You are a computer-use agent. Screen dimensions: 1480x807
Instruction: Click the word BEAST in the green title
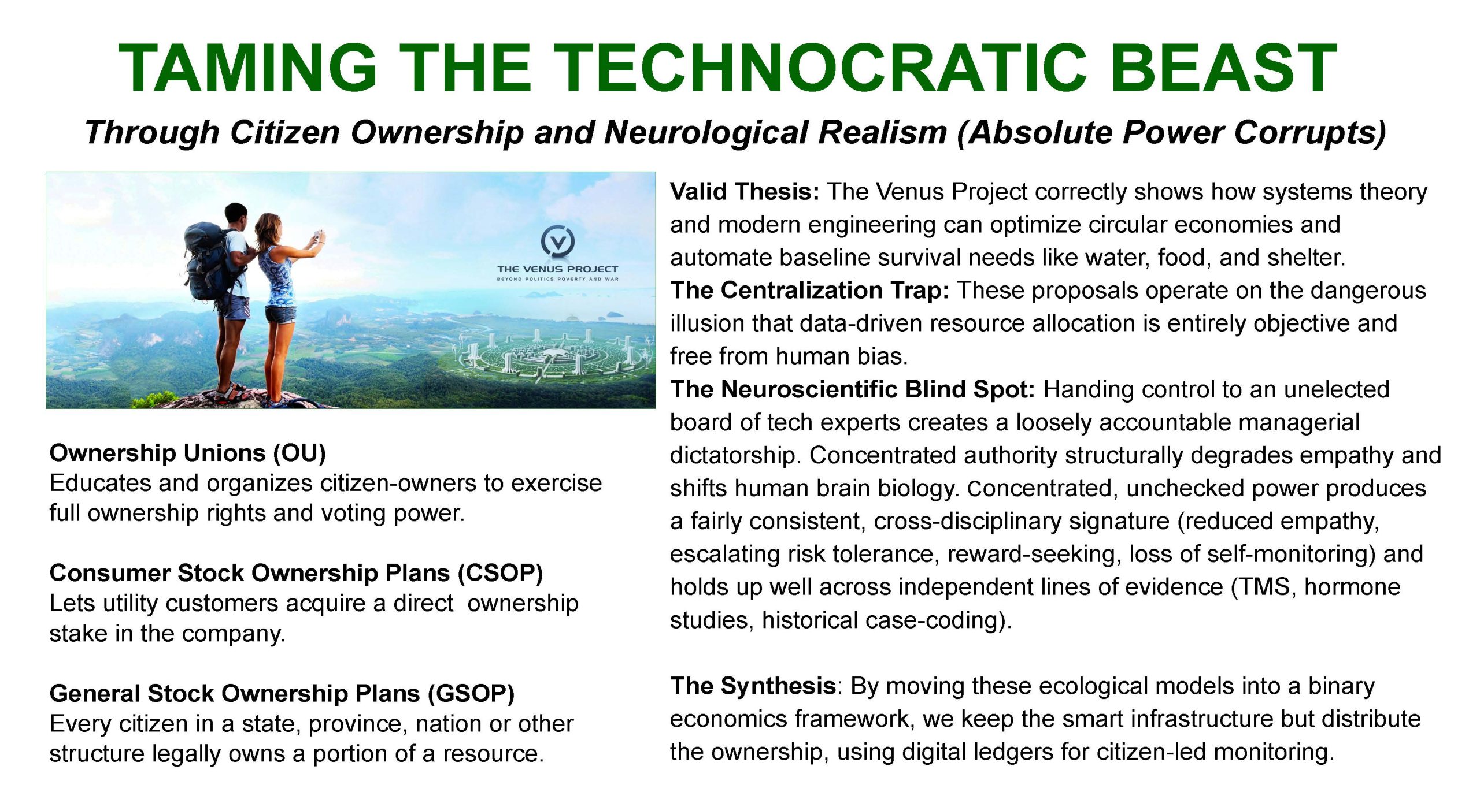click(x=1223, y=68)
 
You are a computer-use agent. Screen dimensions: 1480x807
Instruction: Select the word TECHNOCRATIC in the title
click(x=820, y=68)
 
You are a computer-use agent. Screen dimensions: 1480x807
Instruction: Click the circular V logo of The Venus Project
click(x=557, y=240)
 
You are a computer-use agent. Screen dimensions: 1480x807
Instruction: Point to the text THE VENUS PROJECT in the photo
click(x=557, y=269)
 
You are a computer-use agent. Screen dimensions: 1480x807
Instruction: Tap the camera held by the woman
click(x=317, y=236)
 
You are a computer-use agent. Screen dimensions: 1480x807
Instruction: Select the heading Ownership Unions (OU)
click(x=188, y=453)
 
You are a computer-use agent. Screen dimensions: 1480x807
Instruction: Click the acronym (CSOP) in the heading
click(x=500, y=574)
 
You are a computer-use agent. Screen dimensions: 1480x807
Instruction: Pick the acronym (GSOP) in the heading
click(x=471, y=694)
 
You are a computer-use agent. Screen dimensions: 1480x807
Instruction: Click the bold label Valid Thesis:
click(x=745, y=192)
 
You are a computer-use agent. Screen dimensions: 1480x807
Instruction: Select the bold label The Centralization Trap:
click(x=809, y=291)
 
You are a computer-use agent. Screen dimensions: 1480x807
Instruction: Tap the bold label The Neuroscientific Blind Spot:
click(x=852, y=390)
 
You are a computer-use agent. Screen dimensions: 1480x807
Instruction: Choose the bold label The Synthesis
click(x=753, y=687)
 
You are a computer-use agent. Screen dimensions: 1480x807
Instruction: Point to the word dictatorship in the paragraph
click(x=733, y=456)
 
